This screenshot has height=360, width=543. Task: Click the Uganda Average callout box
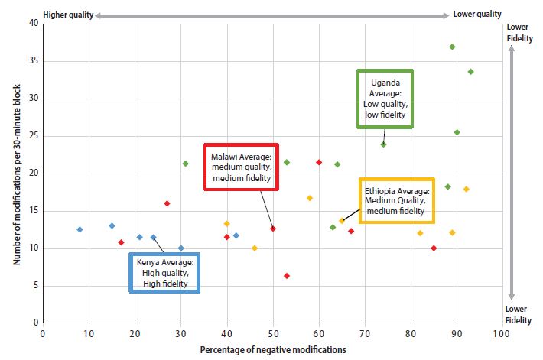pyautogui.click(x=385, y=99)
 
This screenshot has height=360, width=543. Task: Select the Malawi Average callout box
pyautogui.click(x=241, y=167)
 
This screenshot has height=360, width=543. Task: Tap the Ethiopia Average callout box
pyautogui.click(x=397, y=200)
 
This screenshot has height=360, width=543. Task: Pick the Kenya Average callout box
pyautogui.click(x=165, y=273)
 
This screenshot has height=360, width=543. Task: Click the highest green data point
pyautogui.click(x=452, y=47)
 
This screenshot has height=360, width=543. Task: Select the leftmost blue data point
pyautogui.click(x=80, y=229)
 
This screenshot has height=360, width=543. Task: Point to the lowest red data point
pyautogui.click(x=287, y=276)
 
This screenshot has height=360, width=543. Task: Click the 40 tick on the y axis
pyautogui.click(x=32, y=23)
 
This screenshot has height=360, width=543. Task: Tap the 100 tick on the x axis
pyautogui.click(x=502, y=333)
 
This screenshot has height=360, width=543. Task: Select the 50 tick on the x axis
pyautogui.click(x=273, y=333)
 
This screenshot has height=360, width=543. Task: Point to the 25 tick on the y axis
pyautogui.click(x=32, y=135)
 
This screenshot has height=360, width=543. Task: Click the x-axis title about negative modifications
pyautogui.click(x=273, y=349)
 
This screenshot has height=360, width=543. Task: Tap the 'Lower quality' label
pyautogui.click(x=477, y=14)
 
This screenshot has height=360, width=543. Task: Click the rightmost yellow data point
pyautogui.click(x=466, y=189)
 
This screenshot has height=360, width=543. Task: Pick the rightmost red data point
pyautogui.click(x=434, y=248)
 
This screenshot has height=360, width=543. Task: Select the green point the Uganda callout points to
pyautogui.click(x=383, y=144)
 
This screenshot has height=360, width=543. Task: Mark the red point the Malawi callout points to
pyautogui.click(x=273, y=229)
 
